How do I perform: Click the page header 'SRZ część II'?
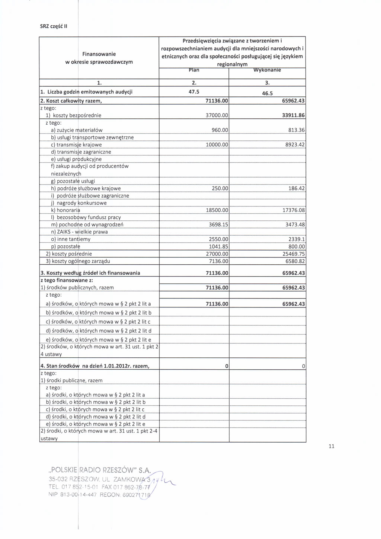pos(54,26)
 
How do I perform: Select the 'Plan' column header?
pos(194,70)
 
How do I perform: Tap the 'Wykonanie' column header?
pos(267,70)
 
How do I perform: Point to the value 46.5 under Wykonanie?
pos(268,94)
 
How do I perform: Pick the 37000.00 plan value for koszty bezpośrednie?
pos(217,115)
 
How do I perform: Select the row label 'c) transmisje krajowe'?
pos(76,145)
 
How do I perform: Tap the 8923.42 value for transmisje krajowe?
pos(294,144)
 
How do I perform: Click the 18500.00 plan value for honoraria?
pos(217,210)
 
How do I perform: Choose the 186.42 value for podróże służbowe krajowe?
pos(297,188)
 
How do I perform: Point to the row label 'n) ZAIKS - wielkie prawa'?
pos(79,232)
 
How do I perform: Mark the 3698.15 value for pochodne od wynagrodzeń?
pos(218,224)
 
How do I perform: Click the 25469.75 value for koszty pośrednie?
pos(294,253)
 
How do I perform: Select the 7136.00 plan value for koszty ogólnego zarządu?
pos(218,261)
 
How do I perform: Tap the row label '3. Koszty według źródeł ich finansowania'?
pos(90,273)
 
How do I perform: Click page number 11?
pos(332,446)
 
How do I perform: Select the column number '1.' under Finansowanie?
pos(99,83)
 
